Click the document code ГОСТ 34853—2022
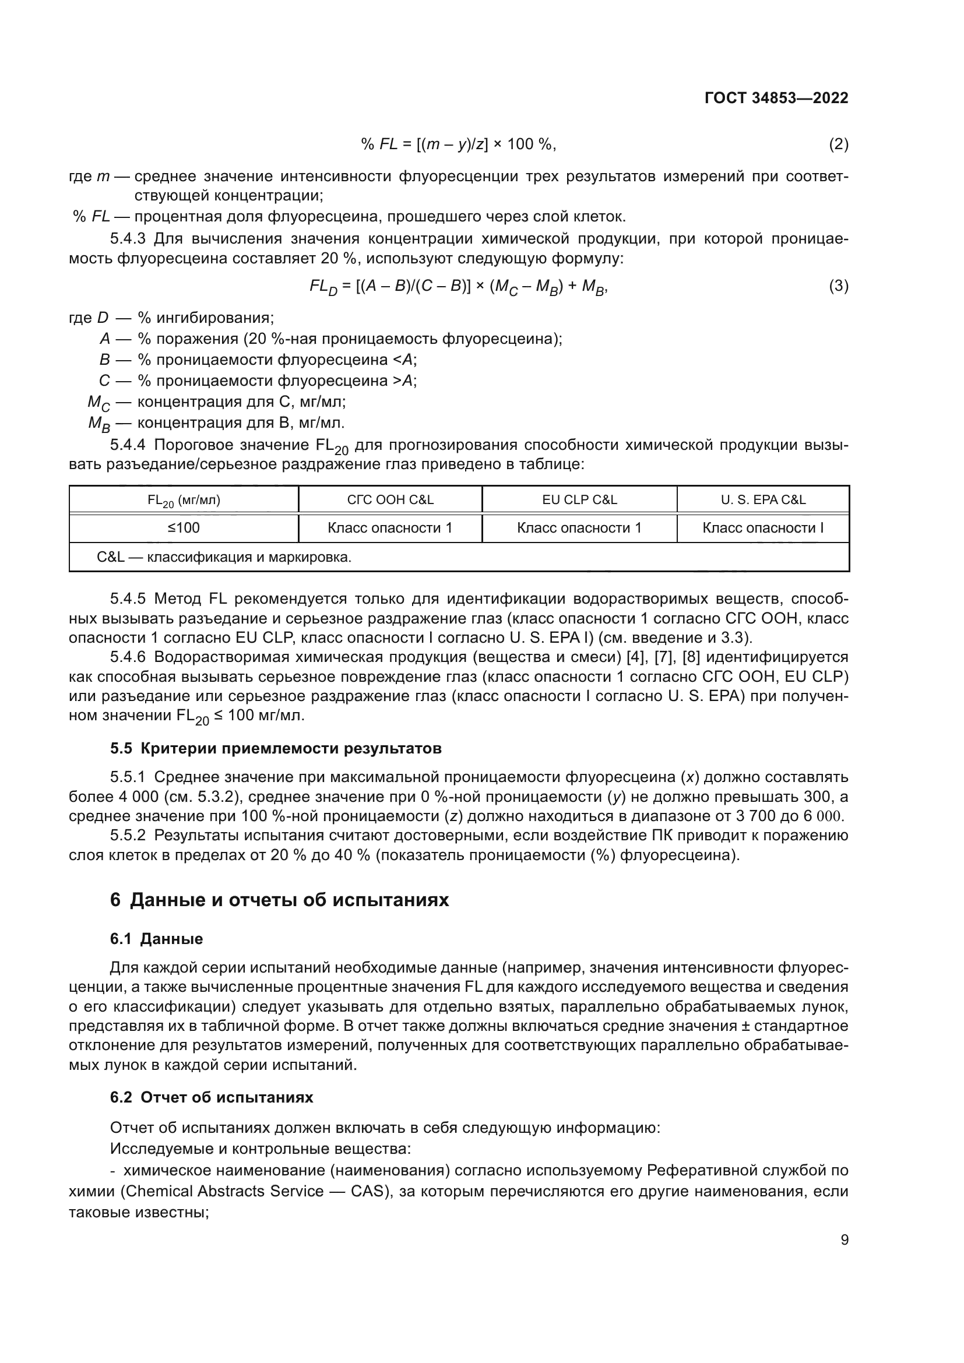[x=776, y=98]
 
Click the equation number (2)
[x=838, y=145]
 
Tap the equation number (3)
[x=838, y=286]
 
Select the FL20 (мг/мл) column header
[x=184, y=501]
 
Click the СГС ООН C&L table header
[x=390, y=500]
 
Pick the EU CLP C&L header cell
[x=579, y=500]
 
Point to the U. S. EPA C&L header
[x=763, y=500]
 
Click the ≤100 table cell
[x=184, y=528]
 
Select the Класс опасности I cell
[x=763, y=528]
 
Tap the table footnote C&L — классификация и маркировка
[x=224, y=558]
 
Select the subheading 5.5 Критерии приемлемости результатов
[x=276, y=749]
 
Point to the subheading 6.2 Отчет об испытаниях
[x=212, y=1097]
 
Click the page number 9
[x=844, y=1240]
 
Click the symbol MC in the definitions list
[x=98, y=403]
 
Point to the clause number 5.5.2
[x=128, y=835]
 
